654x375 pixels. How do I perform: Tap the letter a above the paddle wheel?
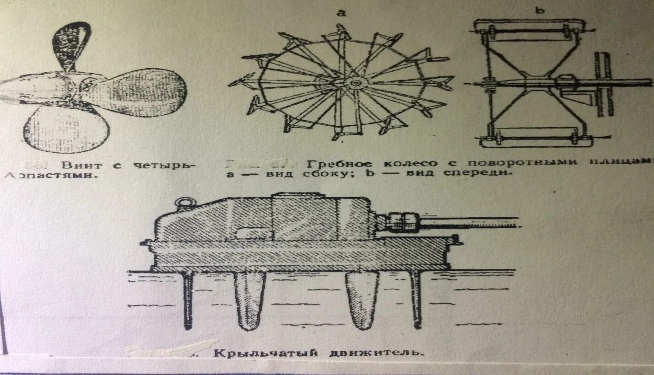pyautogui.click(x=341, y=13)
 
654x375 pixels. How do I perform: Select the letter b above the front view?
pyautogui.click(x=540, y=10)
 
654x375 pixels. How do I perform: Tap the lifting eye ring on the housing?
pyautogui.click(x=184, y=202)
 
